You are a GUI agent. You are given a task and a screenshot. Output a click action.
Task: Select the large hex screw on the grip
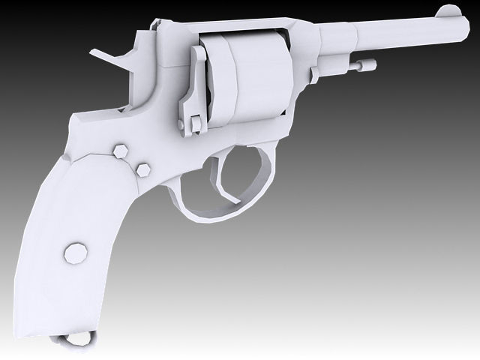tap(76, 252)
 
